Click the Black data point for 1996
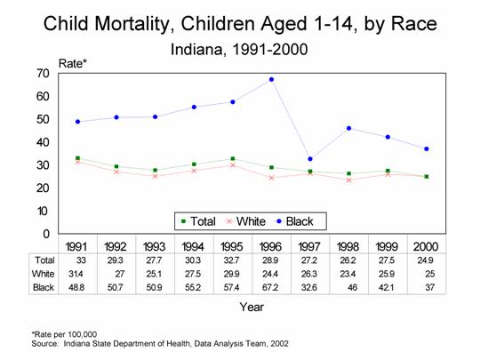pos(271,80)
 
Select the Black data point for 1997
pos(310,159)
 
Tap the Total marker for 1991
pos(77,158)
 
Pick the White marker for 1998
pos(349,180)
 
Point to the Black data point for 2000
pos(427,148)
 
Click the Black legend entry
pos(295,221)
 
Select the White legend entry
pos(246,221)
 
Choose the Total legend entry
pos(198,221)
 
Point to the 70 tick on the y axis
pos(43,74)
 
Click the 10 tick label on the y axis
pos(43,211)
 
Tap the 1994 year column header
pos(193,246)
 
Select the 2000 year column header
pos(426,246)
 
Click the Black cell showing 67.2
pos(270,287)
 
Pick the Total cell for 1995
pos(231,260)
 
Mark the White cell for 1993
pos(154,274)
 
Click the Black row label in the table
pos(44,287)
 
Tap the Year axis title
pos(252,307)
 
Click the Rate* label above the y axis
pos(73,64)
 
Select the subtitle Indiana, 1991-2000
pos(239,49)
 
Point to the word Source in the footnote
pos(44,343)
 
